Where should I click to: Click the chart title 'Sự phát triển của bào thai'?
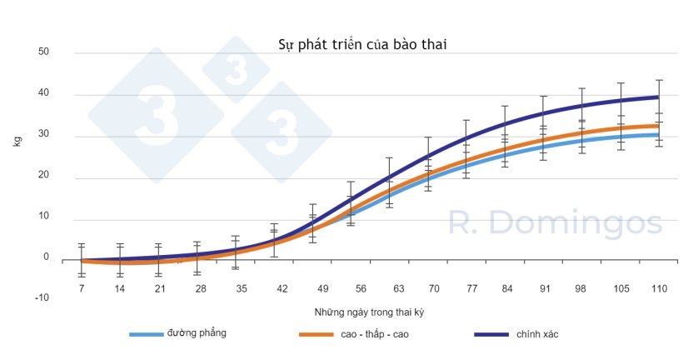[x=361, y=44]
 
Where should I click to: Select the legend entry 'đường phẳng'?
[x=197, y=333]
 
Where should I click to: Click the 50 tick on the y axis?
[x=44, y=52]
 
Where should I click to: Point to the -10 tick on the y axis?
[x=42, y=297]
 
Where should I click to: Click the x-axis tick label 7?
[x=82, y=288]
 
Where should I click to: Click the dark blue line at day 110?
[x=659, y=97]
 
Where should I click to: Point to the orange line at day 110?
[x=659, y=126]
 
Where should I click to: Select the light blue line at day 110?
[x=659, y=135]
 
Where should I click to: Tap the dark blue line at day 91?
[x=543, y=113]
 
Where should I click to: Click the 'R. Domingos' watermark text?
[x=556, y=223]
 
